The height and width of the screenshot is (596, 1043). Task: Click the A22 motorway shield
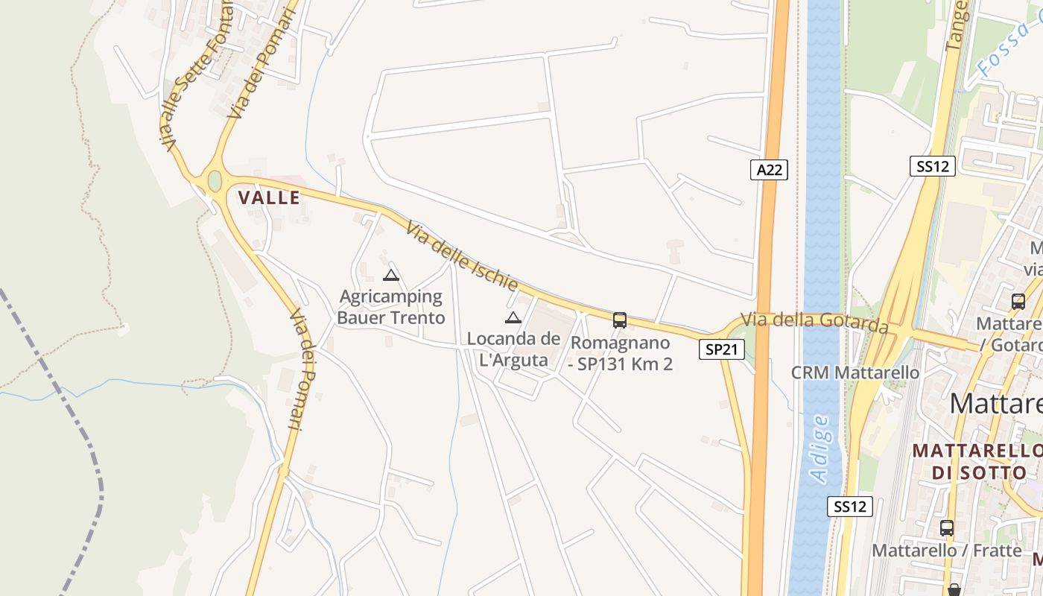click(x=769, y=170)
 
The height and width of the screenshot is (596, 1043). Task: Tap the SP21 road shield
click(x=722, y=349)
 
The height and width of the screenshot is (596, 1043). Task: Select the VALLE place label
click(x=269, y=197)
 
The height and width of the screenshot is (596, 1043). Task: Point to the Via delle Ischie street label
click(x=462, y=256)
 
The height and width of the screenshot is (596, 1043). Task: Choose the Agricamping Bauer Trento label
click(x=391, y=307)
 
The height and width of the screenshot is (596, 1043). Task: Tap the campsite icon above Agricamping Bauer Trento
click(x=391, y=276)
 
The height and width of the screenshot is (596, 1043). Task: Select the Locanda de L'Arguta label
click(x=513, y=349)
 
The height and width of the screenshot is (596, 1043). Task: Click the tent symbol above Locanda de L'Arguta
click(x=513, y=318)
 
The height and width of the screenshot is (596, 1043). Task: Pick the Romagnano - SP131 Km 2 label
click(x=621, y=353)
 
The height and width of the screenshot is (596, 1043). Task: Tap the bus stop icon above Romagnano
click(x=619, y=320)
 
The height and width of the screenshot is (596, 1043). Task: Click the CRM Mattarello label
click(x=855, y=372)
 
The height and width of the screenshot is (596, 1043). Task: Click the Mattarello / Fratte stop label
click(x=947, y=551)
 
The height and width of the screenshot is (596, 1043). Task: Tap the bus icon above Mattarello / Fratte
click(x=946, y=528)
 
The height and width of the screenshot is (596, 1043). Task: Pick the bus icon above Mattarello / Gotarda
click(x=1018, y=302)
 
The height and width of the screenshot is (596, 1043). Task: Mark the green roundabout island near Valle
click(x=215, y=181)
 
